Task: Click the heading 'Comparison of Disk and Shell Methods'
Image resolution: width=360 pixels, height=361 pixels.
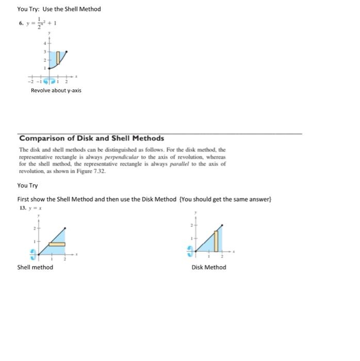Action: (x=92, y=138)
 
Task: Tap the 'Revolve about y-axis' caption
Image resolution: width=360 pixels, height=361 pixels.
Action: (x=56, y=91)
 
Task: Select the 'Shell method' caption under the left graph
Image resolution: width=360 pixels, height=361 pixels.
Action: (x=35, y=267)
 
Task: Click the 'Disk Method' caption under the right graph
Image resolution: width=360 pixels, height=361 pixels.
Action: (x=208, y=267)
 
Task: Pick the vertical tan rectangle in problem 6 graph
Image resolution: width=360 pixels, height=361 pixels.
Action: (x=58, y=58)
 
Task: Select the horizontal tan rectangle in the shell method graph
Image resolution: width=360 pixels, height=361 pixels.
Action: (x=56, y=243)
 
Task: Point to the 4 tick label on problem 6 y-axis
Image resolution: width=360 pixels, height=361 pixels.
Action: (x=44, y=43)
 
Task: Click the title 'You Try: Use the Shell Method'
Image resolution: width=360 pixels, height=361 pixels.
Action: (x=59, y=9)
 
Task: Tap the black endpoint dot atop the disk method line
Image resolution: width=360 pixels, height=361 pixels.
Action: (x=223, y=225)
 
